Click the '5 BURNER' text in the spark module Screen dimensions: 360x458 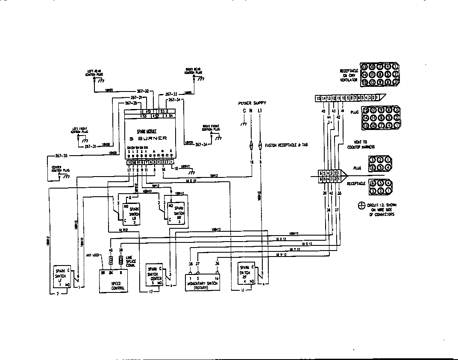pos(149,138)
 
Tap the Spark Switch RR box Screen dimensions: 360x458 pos(176,212)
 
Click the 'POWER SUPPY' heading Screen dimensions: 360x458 pos(253,103)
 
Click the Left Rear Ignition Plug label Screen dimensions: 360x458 pos(95,73)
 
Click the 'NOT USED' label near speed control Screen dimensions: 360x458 pos(93,255)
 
